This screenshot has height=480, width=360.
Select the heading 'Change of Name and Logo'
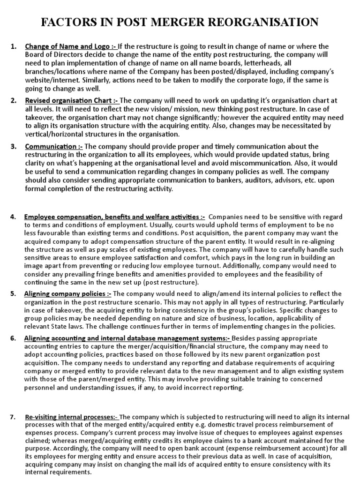pyautogui.click(x=70, y=46)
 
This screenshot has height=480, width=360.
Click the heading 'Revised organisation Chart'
pyautogui.click(x=72, y=101)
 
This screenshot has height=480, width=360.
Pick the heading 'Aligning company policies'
pyautogui.click(x=67, y=294)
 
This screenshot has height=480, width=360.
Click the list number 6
pyautogui.click(x=13, y=338)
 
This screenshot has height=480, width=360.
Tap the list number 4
pyautogui.click(x=13, y=217)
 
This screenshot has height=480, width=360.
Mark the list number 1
pyautogui.click(x=13, y=46)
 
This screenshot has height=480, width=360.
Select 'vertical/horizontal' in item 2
pyautogui.click(x=60, y=135)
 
